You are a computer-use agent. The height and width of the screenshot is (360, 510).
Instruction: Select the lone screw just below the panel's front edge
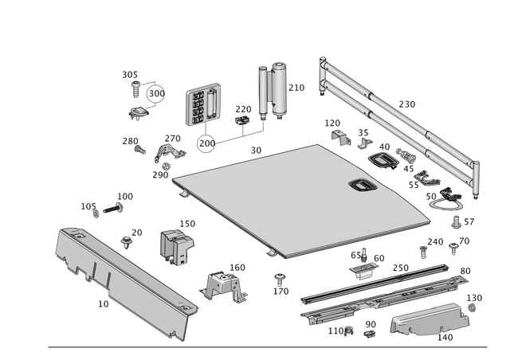[280, 278]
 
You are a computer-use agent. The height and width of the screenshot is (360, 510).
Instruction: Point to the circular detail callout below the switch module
[206, 144]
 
